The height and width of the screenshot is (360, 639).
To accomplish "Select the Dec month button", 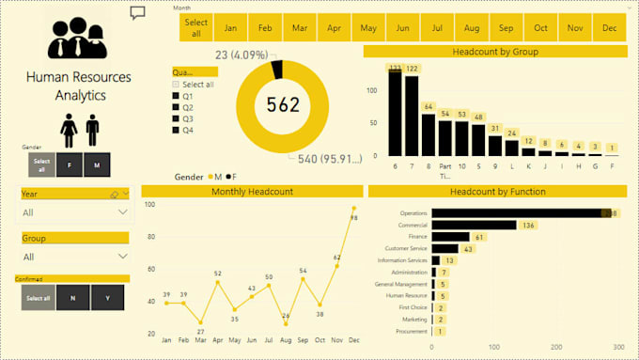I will [610, 28].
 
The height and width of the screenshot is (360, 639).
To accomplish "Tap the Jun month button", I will [402, 28].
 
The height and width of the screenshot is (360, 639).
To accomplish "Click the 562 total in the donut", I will [283, 104].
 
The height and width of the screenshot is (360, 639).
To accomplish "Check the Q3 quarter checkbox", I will [176, 118].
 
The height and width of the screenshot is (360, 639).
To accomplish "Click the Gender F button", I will [70, 164].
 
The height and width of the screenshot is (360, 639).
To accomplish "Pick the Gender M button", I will [97, 164].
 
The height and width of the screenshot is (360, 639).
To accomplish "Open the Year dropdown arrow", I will [123, 212].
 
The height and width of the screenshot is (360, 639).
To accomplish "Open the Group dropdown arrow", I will [123, 256].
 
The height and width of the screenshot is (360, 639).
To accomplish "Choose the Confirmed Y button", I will [107, 298].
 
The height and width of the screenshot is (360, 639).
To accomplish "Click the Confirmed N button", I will [72, 298].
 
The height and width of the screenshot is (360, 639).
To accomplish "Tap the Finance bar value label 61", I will [479, 237].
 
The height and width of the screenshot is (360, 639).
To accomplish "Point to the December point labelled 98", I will [354, 208].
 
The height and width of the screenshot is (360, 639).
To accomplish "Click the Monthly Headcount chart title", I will [251, 192].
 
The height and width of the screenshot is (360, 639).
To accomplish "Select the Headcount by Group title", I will [495, 52].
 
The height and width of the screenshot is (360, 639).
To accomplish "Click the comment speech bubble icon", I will [138, 13].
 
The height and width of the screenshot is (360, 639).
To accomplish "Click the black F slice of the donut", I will [276, 69].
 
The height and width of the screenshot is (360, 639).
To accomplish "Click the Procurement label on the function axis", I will [412, 331].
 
